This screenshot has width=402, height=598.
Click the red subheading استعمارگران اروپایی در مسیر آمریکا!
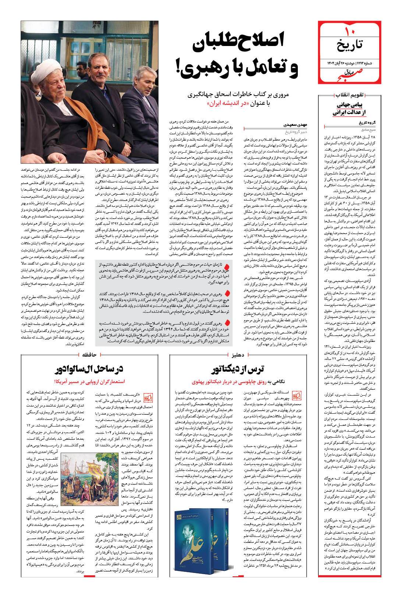click(x=91, y=381)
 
